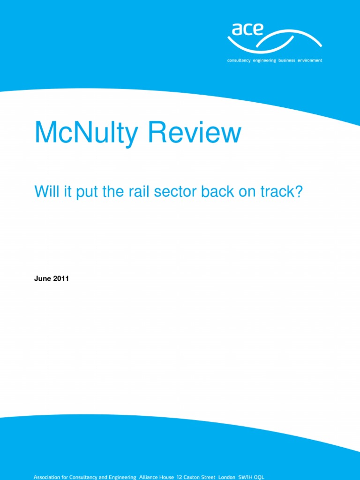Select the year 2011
point(61,278)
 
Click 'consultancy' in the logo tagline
point(239,60)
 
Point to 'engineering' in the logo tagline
point(265,60)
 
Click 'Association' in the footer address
point(48,477)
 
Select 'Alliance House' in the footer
point(157,477)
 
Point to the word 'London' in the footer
point(227,477)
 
